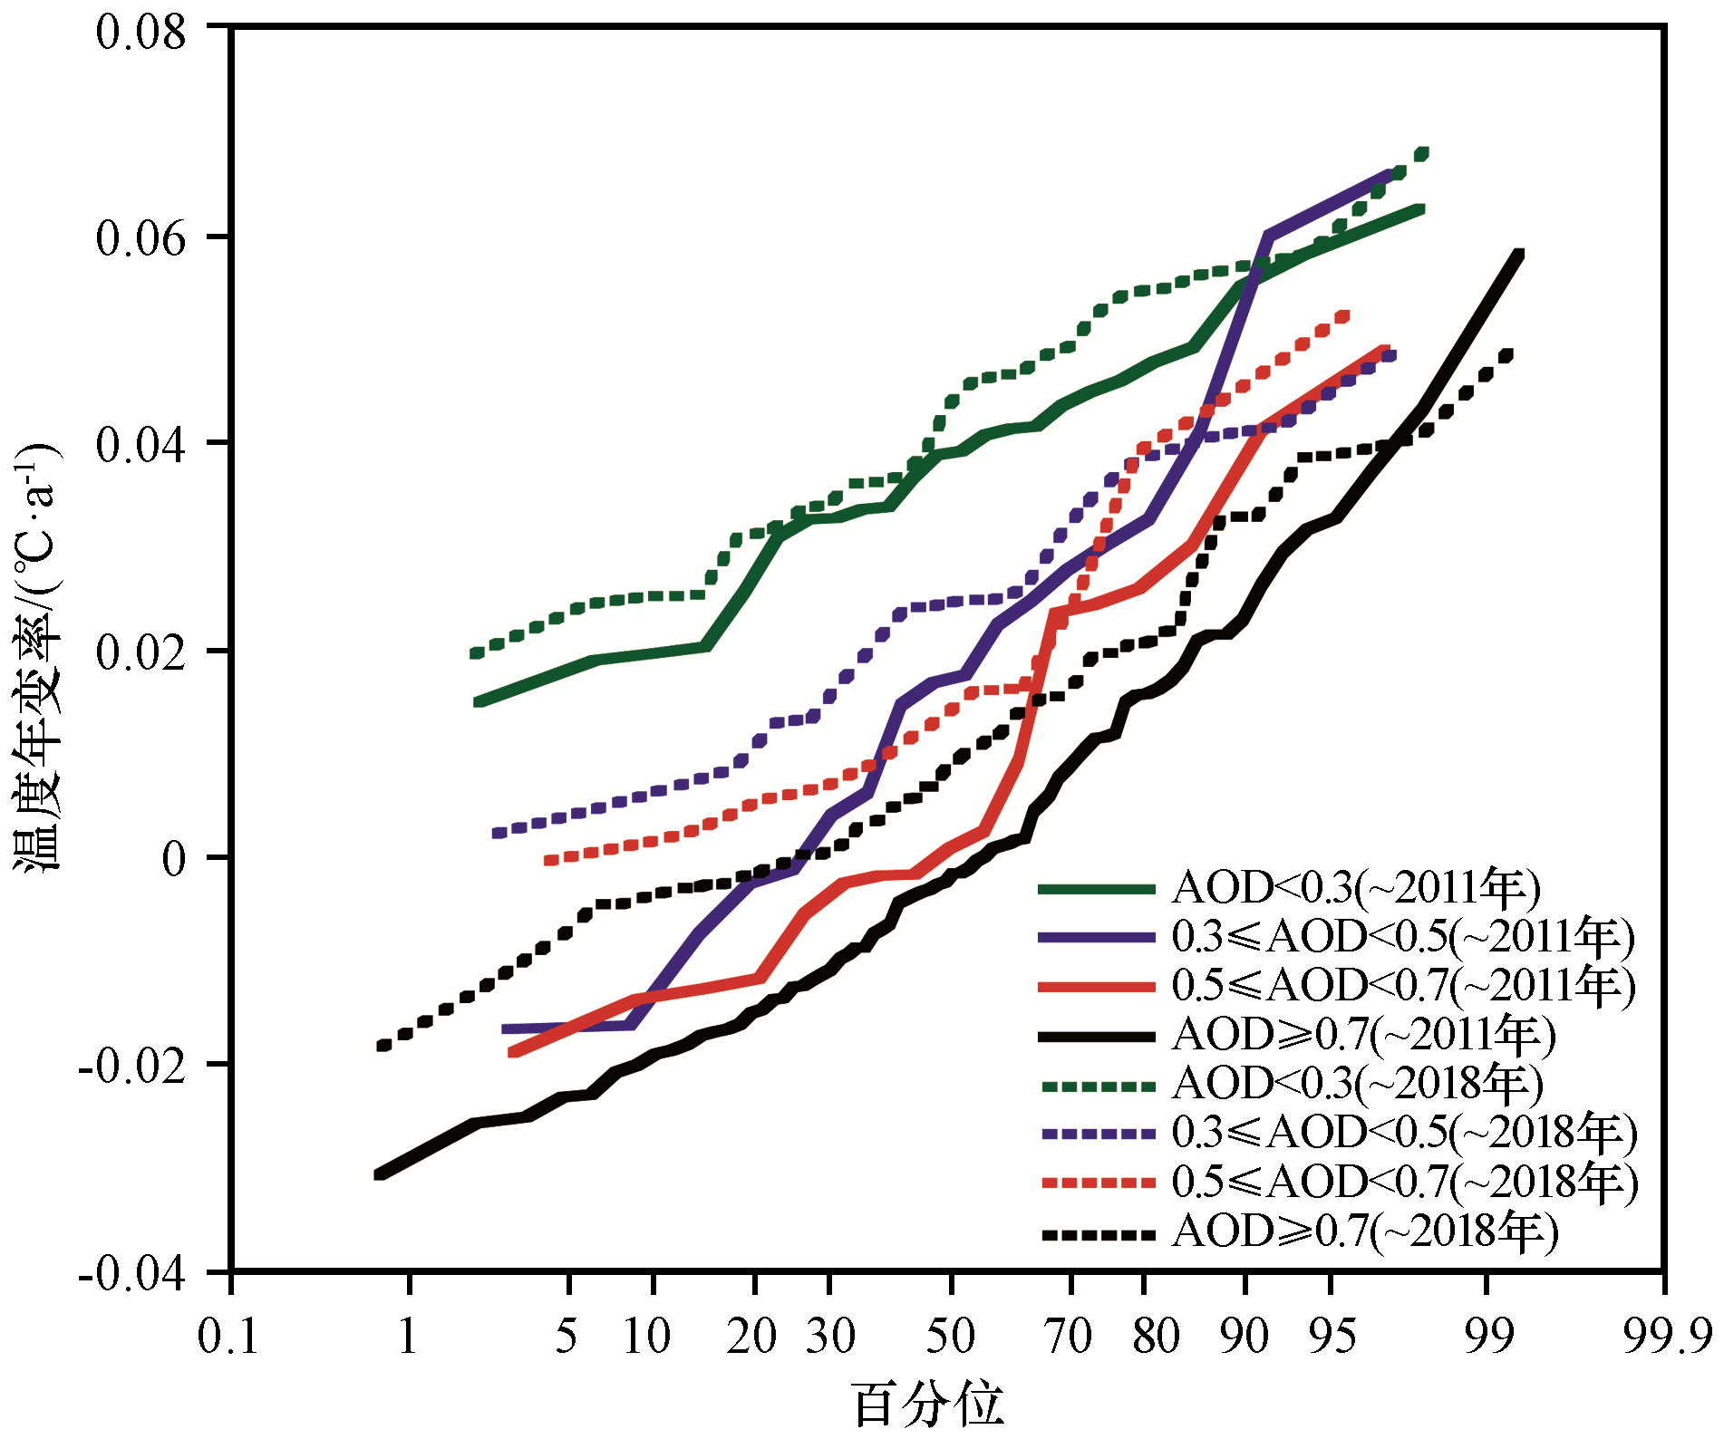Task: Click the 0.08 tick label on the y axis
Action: coord(140,33)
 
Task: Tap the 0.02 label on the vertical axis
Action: coord(140,652)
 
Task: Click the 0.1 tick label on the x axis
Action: coord(228,1337)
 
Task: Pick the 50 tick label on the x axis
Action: coord(950,1337)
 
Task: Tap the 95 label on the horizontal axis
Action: coord(1332,1337)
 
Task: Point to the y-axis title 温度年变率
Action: coord(36,657)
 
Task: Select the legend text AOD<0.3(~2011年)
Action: coord(1356,887)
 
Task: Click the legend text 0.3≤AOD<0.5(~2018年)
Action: coord(1404,1132)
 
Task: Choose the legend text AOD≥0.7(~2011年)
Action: coord(1363,1035)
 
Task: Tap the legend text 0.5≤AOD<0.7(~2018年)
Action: coord(1404,1182)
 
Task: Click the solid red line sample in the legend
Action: coord(1097,986)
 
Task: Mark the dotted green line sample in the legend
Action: coord(1097,1085)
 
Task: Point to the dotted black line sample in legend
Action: coord(1097,1233)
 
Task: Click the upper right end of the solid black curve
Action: coord(1520,255)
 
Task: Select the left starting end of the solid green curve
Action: coord(477,701)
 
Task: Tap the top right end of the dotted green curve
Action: coord(1423,153)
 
